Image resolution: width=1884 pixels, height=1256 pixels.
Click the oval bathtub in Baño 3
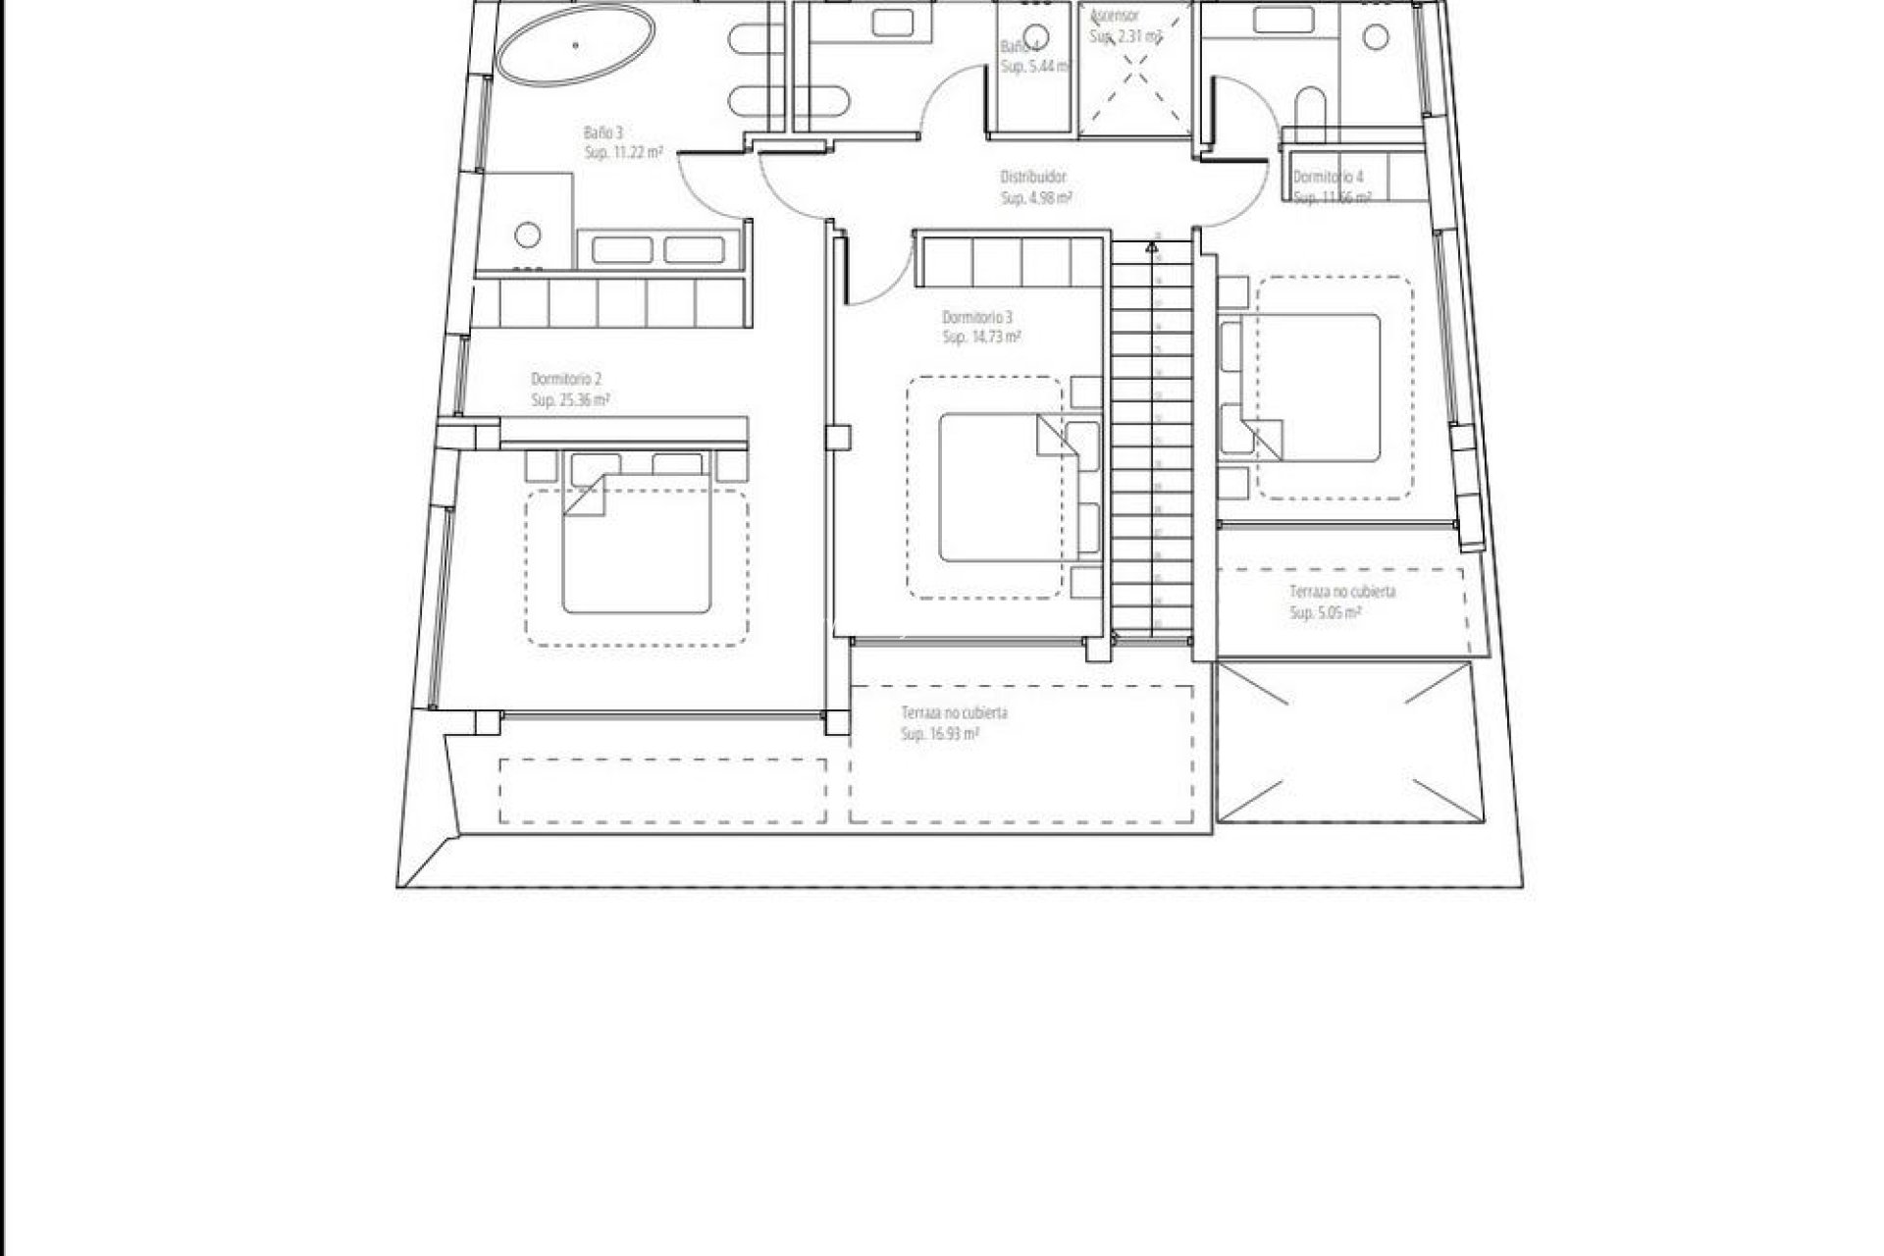pos(575,46)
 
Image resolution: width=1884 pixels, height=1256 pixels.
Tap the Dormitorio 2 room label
pos(565,379)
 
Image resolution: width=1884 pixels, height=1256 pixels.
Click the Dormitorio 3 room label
pos(976,318)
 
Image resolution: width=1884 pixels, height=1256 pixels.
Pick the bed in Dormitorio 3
pos(1001,488)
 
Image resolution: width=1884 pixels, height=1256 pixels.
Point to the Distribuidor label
pos(1032,178)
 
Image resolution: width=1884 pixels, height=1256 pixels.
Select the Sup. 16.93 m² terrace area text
pos(939,734)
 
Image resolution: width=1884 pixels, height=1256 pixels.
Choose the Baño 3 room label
pos(604,132)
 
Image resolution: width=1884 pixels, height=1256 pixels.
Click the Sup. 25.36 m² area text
pos(570,400)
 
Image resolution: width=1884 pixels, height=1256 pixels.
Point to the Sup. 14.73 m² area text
pos(981,338)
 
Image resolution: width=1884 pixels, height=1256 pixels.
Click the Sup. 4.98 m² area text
pos(1035,198)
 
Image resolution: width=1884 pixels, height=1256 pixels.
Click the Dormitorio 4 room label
pos(1328,178)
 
